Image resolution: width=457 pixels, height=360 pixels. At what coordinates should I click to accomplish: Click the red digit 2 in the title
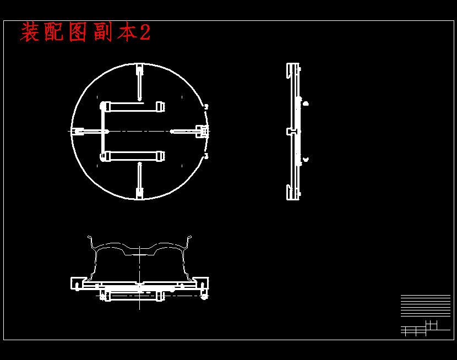point(145,32)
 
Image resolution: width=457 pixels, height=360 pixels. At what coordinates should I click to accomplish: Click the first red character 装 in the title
point(30,32)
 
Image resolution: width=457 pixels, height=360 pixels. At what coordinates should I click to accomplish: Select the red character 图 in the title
point(78,32)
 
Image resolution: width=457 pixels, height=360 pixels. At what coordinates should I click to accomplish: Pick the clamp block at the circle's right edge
point(203,131)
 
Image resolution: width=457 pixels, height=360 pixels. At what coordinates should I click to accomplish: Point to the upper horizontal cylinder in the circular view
point(133,106)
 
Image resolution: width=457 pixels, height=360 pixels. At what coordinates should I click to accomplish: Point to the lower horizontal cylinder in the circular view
point(133,156)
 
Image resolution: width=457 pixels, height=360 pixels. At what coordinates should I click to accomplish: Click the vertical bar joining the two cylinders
point(102,131)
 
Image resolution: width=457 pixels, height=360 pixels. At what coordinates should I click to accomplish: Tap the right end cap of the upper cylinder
point(160,106)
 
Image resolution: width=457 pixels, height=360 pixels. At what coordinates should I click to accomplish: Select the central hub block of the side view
point(292,132)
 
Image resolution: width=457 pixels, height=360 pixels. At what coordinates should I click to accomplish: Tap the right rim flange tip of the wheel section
point(190,239)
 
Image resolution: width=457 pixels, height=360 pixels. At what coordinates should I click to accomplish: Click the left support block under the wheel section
point(77,283)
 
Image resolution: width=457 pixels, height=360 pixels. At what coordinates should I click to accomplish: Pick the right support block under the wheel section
point(202,283)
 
